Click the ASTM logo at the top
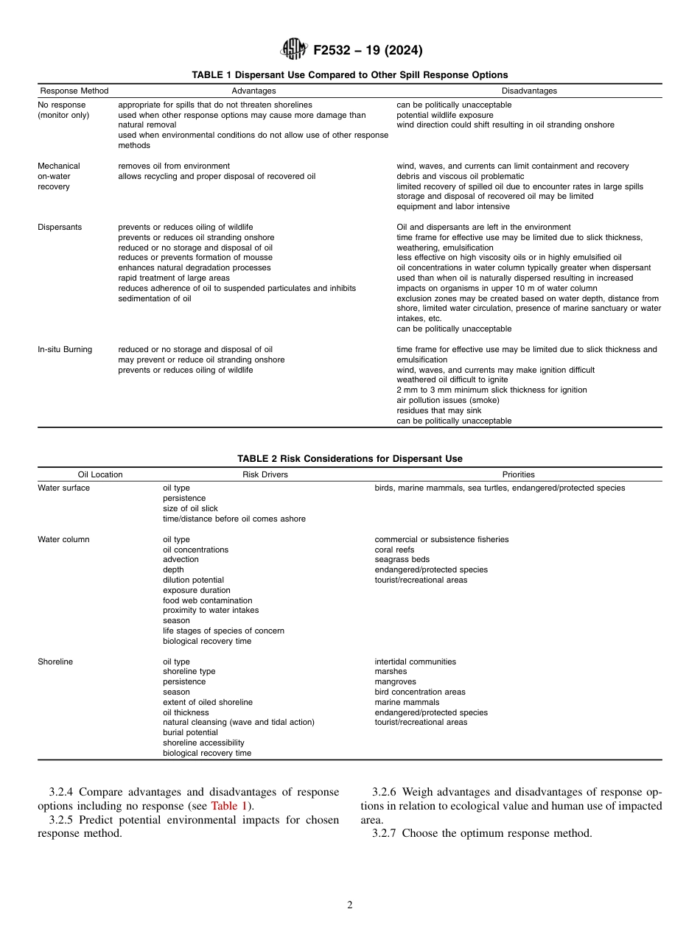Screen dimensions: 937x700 click(294, 50)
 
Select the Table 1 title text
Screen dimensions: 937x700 click(349, 75)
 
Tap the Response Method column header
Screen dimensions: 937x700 click(74, 91)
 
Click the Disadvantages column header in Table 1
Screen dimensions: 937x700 click(529, 91)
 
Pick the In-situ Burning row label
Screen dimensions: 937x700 click(65, 349)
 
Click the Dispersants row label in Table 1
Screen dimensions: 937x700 click(60, 227)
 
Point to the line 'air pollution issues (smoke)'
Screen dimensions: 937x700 click(447, 400)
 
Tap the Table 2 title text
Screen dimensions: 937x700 click(349, 459)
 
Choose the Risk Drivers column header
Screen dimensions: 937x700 click(265, 474)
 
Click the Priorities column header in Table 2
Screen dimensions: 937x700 click(518, 474)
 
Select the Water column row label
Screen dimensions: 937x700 click(63, 539)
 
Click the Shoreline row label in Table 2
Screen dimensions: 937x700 click(55, 661)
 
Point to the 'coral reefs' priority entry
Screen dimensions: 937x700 click(394, 550)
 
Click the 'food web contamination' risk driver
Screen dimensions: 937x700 click(207, 600)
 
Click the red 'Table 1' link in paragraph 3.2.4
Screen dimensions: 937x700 click(231, 806)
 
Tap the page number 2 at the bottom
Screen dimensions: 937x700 click(350, 905)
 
